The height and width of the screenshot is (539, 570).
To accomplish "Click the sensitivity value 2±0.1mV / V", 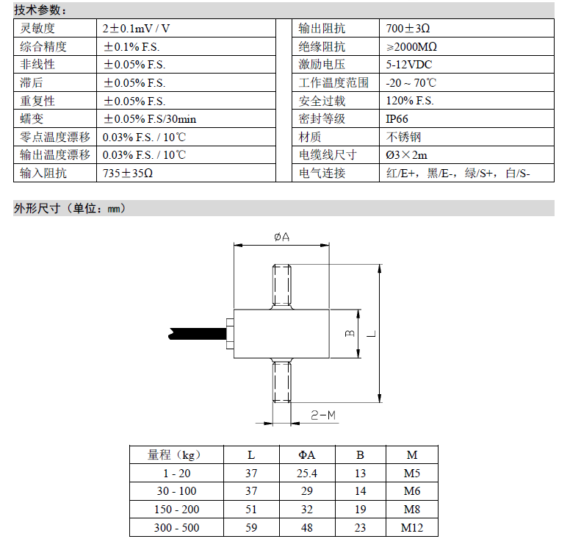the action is click(x=137, y=29).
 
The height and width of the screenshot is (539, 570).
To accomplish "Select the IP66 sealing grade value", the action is click(x=397, y=119).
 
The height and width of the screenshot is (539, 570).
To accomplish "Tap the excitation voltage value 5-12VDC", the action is click(x=409, y=65).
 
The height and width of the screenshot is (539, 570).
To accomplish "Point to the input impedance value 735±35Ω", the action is click(x=128, y=174).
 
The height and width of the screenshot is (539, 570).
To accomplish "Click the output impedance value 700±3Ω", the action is click(x=408, y=29).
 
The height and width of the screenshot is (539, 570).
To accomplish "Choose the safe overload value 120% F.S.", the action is click(x=410, y=101).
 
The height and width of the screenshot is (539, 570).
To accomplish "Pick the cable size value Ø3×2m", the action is click(x=406, y=155).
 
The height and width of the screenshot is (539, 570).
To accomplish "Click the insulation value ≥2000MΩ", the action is click(x=411, y=47).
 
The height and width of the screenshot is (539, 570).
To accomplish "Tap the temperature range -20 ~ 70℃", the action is click(x=411, y=83).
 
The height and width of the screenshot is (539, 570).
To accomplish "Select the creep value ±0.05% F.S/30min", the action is click(x=150, y=119).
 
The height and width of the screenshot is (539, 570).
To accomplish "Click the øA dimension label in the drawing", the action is click(x=282, y=238).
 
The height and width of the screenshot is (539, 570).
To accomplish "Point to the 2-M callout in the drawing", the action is click(x=323, y=415).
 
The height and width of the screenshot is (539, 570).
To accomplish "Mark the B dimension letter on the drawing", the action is click(x=350, y=333).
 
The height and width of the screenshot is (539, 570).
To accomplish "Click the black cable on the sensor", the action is click(x=198, y=334).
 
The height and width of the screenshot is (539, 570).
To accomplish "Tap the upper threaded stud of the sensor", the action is click(x=282, y=287).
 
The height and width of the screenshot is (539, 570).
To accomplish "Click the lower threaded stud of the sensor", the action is click(x=282, y=380).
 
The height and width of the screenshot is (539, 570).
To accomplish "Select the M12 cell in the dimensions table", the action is click(x=412, y=528).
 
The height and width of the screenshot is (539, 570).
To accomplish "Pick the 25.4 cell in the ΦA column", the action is click(x=307, y=473).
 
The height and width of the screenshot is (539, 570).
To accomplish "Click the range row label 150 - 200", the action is click(x=177, y=510).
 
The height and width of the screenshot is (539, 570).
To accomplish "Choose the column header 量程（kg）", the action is click(x=174, y=455).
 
